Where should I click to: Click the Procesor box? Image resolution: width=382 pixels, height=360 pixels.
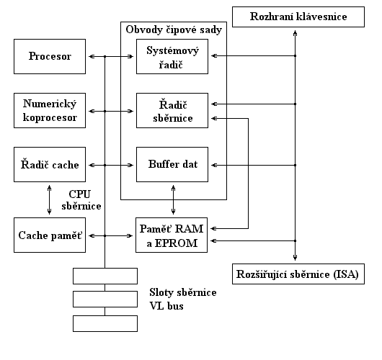[50, 56]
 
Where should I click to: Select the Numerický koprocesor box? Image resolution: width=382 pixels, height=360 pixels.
[50, 110]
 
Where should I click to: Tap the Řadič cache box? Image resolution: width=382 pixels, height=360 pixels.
[50, 165]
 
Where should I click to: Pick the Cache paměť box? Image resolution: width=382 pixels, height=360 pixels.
[50, 235]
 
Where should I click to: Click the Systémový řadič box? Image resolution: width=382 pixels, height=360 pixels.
[172, 56]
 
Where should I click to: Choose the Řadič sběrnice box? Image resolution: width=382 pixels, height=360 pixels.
[172, 110]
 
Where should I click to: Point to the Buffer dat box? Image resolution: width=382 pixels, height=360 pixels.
[172, 165]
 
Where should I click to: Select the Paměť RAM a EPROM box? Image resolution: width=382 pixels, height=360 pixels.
[172, 235]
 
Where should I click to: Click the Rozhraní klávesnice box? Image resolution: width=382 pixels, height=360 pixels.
[298, 17]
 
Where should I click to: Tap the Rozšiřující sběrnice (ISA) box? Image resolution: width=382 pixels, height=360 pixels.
[298, 274]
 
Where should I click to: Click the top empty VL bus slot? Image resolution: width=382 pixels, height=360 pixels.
[105, 276]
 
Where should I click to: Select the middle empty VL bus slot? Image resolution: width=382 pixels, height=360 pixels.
[105, 299]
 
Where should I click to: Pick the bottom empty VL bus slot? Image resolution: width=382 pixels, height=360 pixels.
[105, 323]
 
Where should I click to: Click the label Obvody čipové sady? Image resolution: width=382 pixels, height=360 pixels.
[174, 30]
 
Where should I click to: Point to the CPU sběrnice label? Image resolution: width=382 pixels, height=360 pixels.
[81, 200]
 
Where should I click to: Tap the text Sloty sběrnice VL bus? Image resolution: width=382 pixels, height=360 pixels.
[183, 299]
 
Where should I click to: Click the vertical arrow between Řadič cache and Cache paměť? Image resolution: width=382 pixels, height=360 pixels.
[50, 200]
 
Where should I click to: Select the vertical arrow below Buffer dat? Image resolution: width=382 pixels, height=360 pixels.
[173, 200]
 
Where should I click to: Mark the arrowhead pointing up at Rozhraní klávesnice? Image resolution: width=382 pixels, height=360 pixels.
[295, 33]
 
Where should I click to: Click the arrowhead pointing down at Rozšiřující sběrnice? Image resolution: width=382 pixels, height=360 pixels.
[295, 258]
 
